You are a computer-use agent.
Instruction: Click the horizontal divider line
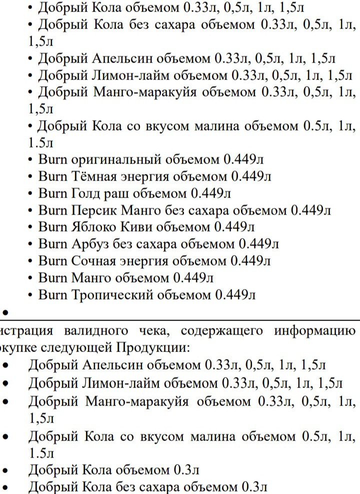pos(180,320)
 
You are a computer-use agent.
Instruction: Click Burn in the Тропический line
pos(52,295)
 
